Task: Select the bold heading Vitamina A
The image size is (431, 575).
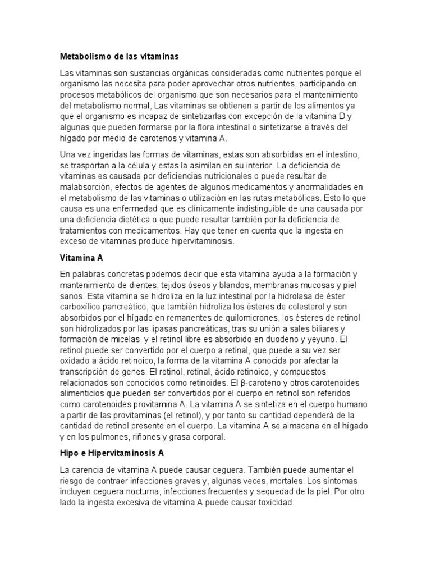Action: pyautogui.click(x=82, y=258)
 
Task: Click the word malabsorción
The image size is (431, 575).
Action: pyautogui.click(x=84, y=187)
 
